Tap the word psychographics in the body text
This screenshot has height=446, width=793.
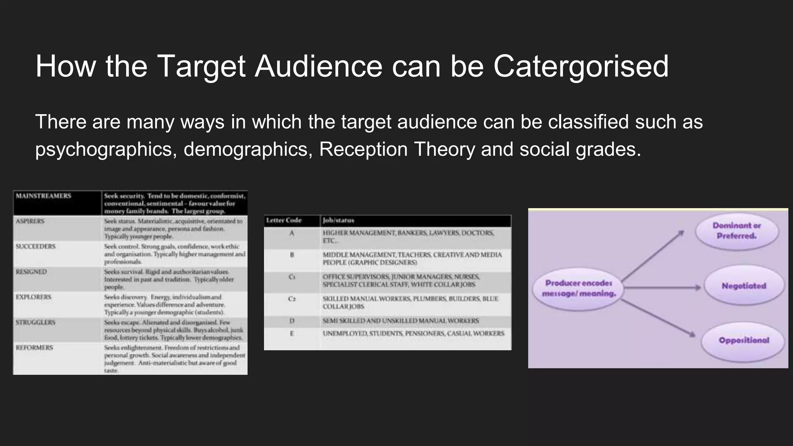coord(103,149)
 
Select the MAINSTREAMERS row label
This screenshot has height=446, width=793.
coord(43,196)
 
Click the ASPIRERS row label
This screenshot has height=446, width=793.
coord(30,221)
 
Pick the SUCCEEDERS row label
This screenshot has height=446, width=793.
coord(36,247)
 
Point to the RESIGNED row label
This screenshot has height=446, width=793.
coord(31,272)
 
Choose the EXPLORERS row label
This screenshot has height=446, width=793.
coord(34,297)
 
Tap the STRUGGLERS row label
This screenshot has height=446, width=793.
coord(36,322)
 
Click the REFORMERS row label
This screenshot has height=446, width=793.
coord(34,348)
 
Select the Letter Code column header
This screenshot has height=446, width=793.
coord(284,220)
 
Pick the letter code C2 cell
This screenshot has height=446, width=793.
coord(292,299)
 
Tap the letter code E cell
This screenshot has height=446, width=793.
coord(292,333)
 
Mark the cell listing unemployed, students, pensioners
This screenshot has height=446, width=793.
coord(414,333)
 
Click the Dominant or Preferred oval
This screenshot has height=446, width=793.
coord(736,231)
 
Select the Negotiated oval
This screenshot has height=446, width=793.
coord(744,286)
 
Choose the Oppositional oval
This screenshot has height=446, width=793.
coord(743,340)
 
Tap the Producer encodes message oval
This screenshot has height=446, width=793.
coord(578,288)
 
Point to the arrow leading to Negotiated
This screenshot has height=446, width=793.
coord(662,287)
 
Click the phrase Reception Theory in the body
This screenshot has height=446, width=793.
coord(397,149)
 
